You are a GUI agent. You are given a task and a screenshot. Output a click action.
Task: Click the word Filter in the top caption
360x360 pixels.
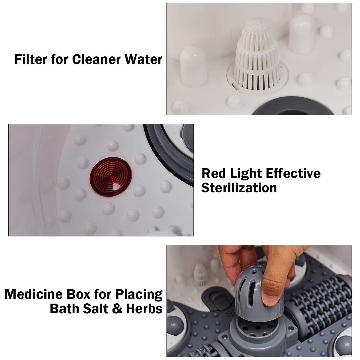pyautogui.click(x=31, y=59)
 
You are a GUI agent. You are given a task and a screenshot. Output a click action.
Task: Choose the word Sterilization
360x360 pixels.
pyautogui.click(x=239, y=188)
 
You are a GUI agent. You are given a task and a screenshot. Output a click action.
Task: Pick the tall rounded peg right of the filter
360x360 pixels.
pyautogui.click(x=301, y=33)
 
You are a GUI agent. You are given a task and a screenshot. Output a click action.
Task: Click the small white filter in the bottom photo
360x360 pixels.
pyautogui.click(x=199, y=274)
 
